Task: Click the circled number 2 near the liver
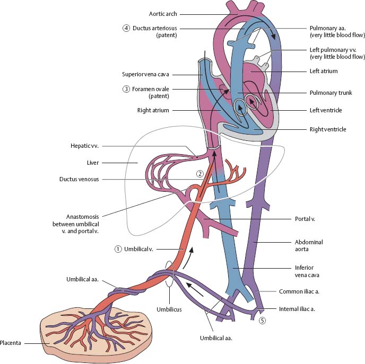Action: pos(200,173)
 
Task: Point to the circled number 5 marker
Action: pos(262,321)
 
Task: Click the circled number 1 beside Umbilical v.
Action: pos(118,248)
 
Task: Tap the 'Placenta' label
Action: pos(10,343)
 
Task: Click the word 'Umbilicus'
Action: pos(169,309)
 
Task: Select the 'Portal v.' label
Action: pos(306,218)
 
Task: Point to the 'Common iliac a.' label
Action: pos(299,291)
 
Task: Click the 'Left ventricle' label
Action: pos(325,110)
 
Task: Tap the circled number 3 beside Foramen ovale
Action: pos(126,89)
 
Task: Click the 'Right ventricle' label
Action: pos(327,129)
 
